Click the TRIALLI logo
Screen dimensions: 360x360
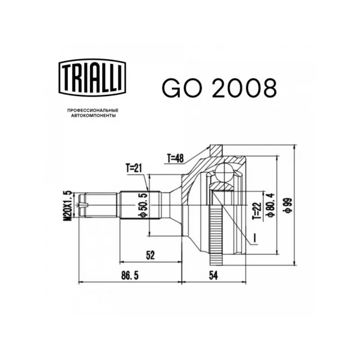pyautogui.click(x=92, y=77)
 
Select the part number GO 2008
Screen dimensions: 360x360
pyautogui.click(x=220, y=88)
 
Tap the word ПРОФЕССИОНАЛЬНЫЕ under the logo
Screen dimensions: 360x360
pyautogui.click(x=93, y=110)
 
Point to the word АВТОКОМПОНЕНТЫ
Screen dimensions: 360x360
pyautogui.click(x=93, y=116)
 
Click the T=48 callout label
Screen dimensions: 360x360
pyautogui.click(x=175, y=158)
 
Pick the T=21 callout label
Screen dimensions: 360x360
pyautogui.click(x=134, y=168)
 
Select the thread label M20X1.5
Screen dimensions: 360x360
pyautogui.click(x=69, y=206)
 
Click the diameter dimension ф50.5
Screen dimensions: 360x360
pyautogui.click(x=143, y=205)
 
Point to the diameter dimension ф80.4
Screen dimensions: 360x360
pyautogui.click(x=270, y=205)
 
